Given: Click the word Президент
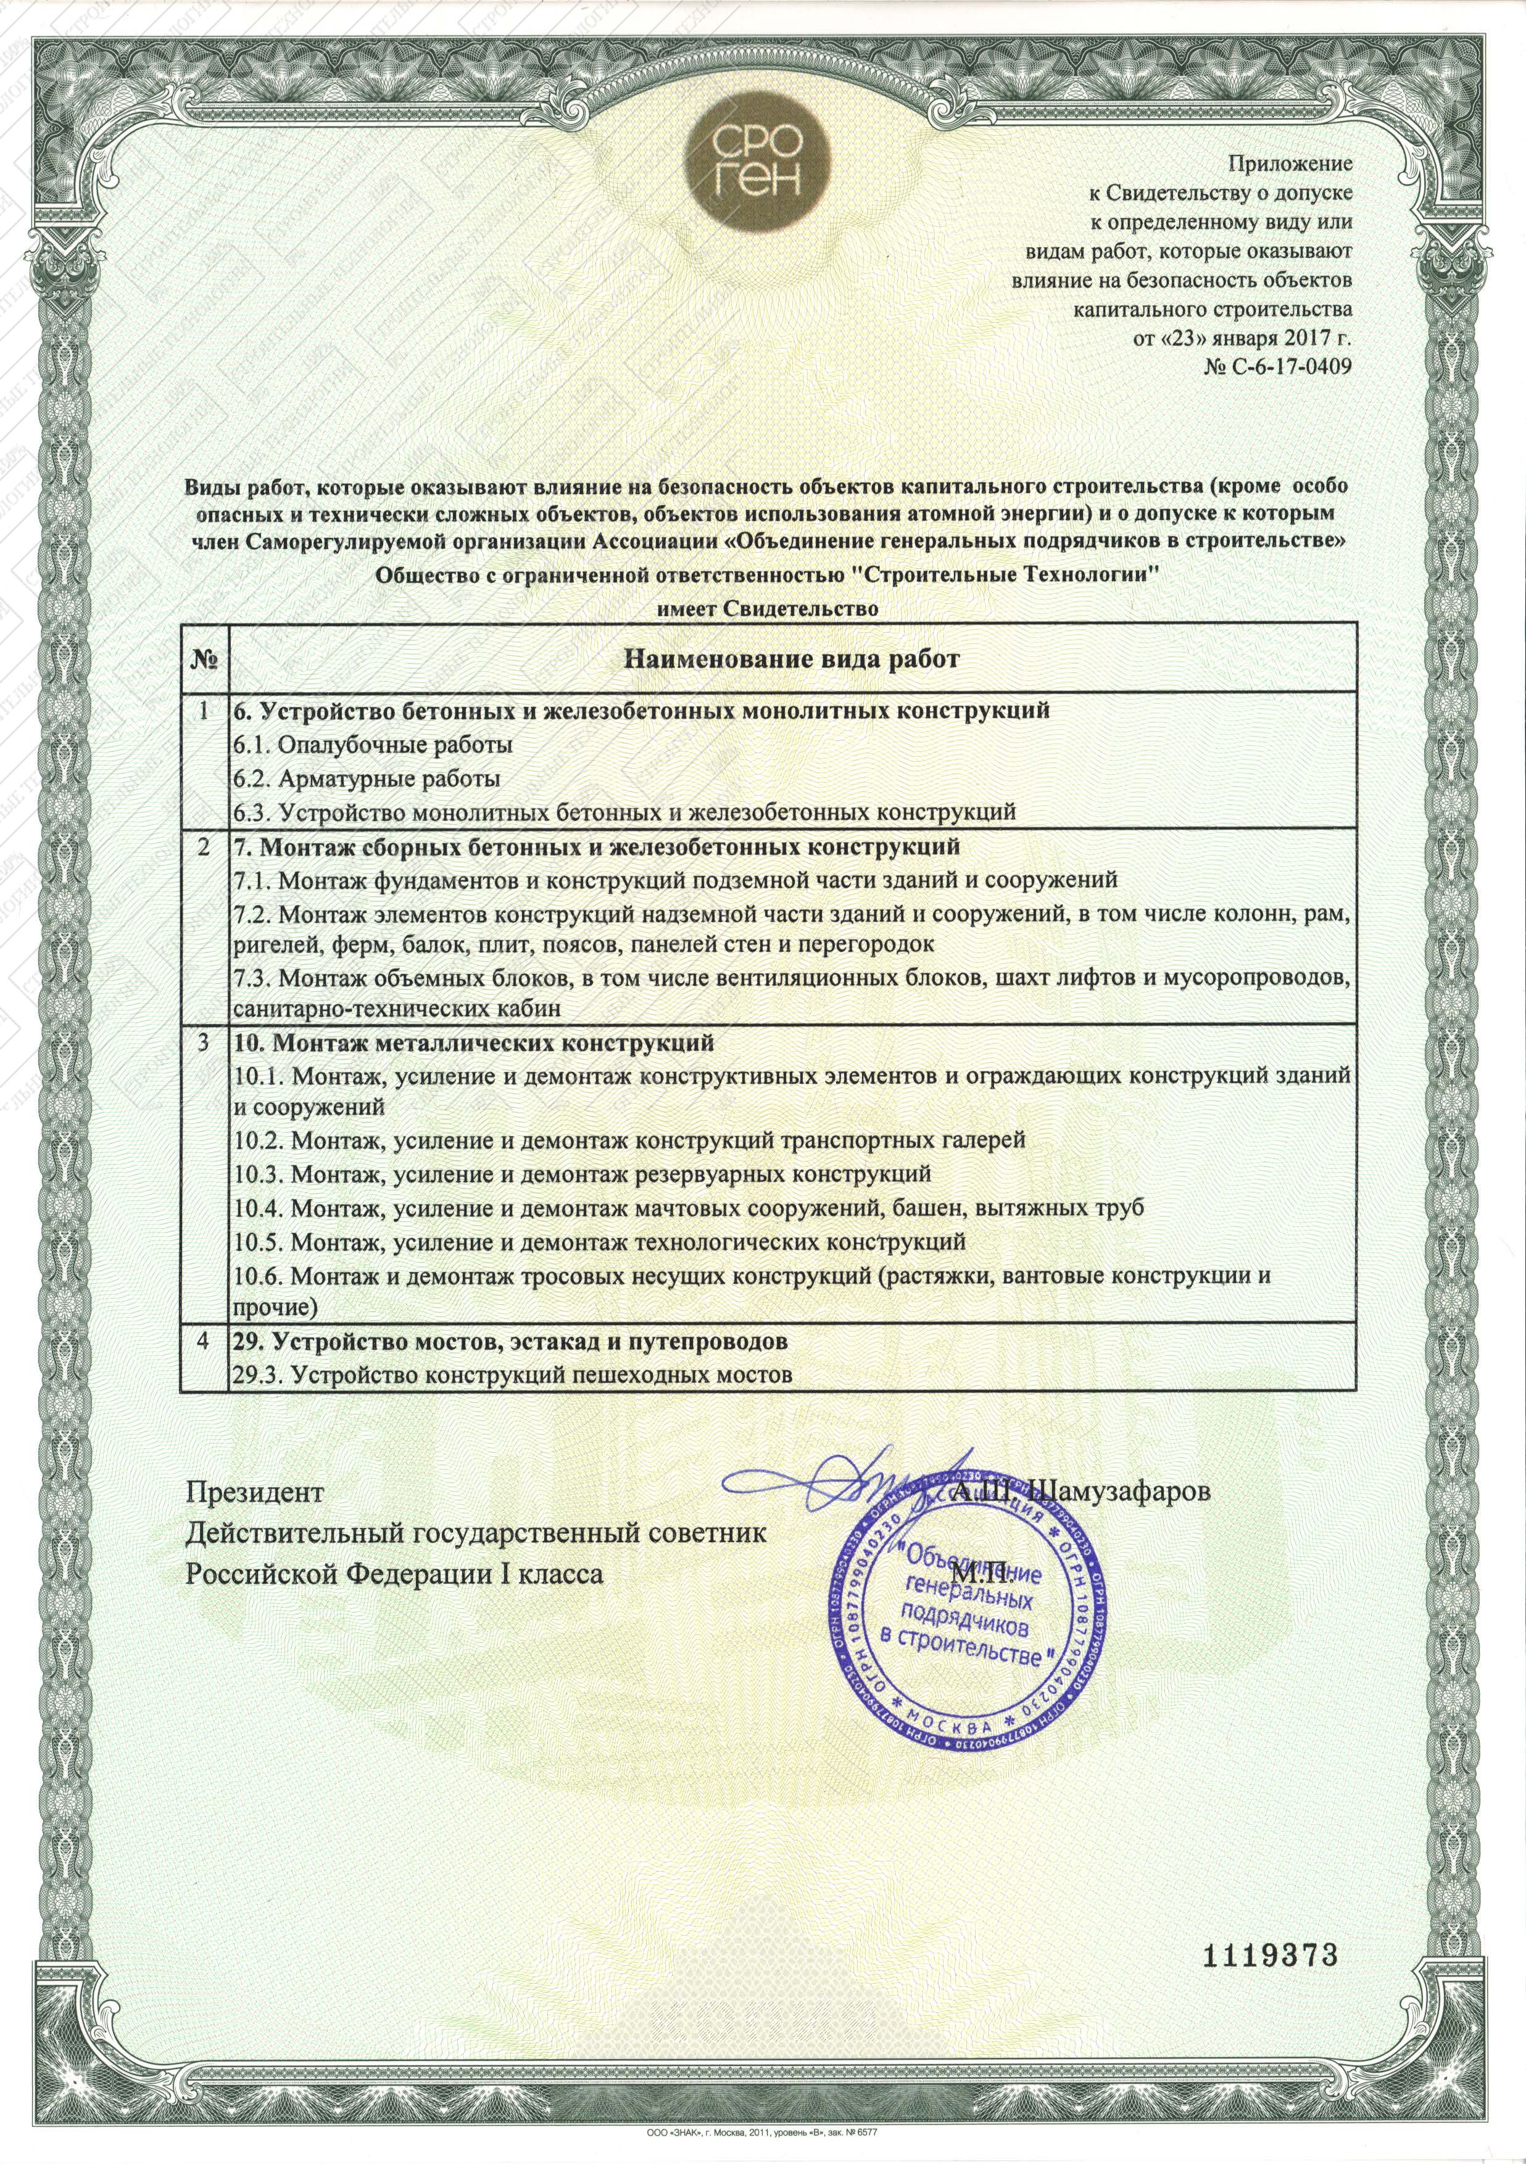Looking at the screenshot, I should coord(254,1493).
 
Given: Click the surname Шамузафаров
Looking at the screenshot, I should coord(1122,1493).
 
